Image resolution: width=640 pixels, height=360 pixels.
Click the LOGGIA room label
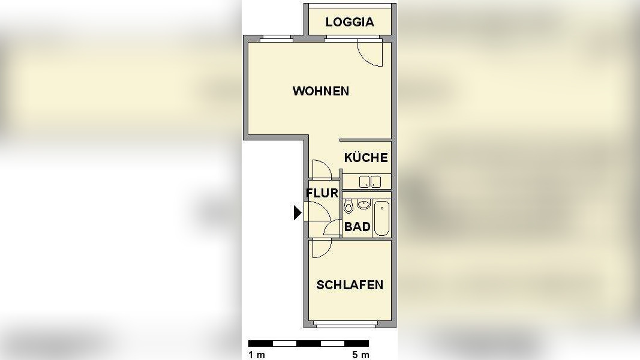pyautogui.click(x=350, y=22)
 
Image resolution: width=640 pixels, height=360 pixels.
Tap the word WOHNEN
pyautogui.click(x=321, y=91)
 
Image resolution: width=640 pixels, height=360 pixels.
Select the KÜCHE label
pyautogui.click(x=366, y=158)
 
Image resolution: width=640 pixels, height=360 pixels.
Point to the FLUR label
pyautogui.click(x=322, y=193)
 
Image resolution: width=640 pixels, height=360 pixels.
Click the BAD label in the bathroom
pyautogui.click(x=357, y=227)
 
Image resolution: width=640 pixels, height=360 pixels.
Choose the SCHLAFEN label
pyautogui.click(x=350, y=285)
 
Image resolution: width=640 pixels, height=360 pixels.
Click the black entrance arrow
pyautogui.click(x=297, y=212)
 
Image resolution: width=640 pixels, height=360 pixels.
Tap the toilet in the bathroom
pyautogui.click(x=348, y=208)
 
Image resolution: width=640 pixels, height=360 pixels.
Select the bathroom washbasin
pyautogui.click(x=363, y=205)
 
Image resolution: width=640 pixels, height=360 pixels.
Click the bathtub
pyautogui.click(x=381, y=219)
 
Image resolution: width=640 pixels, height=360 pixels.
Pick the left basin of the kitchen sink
pyautogui.click(x=364, y=181)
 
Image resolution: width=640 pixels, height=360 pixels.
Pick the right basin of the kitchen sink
pyautogui.click(x=376, y=181)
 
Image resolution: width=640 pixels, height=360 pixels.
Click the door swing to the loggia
pyautogui.click(x=369, y=53)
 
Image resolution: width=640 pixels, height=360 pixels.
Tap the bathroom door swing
pyautogui.click(x=333, y=228)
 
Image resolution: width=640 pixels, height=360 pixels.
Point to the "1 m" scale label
pyautogui.click(x=257, y=355)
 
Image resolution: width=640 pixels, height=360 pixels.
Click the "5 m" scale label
pyautogui.click(x=360, y=355)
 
